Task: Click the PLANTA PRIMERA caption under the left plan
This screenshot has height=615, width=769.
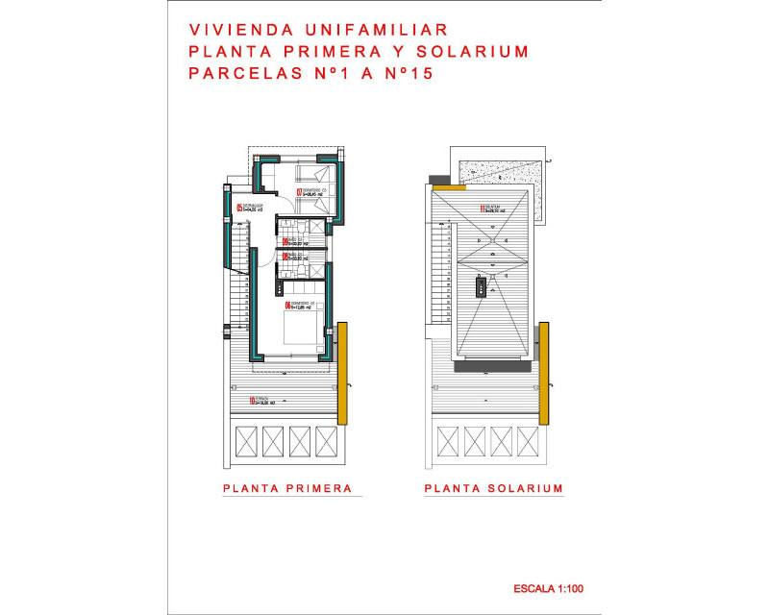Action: (287, 488)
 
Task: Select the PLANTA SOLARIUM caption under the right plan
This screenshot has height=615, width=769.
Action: (493, 488)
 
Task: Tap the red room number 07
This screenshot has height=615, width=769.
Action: (298, 192)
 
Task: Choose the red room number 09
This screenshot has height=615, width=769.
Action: (285, 256)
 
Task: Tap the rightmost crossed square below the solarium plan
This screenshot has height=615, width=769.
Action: (528, 442)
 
